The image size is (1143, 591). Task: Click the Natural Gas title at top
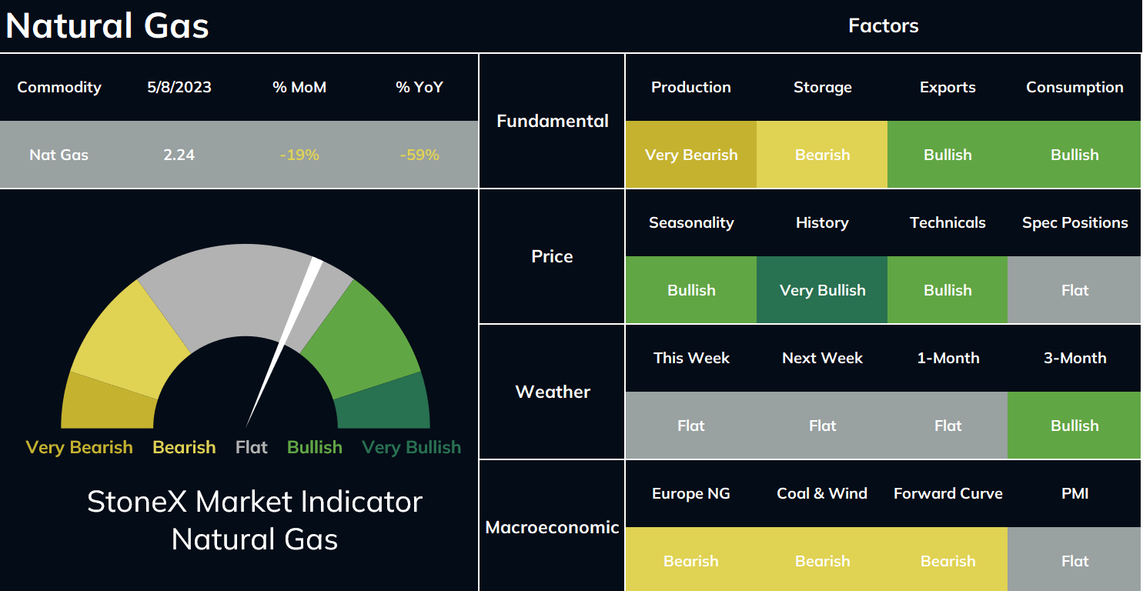pyautogui.click(x=107, y=25)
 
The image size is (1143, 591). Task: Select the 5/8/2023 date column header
pyautogui.click(x=179, y=87)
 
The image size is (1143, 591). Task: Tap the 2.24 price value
pyautogui.click(x=179, y=155)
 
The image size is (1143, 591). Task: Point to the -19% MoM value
pyautogui.click(x=299, y=155)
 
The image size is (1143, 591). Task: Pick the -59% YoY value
pyautogui.click(x=419, y=155)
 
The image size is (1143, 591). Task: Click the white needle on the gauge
pyautogui.click(x=284, y=342)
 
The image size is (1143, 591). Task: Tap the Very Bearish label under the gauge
pyautogui.click(x=79, y=448)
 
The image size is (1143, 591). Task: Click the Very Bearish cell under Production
pyautogui.click(x=691, y=154)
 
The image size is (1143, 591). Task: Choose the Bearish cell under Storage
pyautogui.click(x=822, y=154)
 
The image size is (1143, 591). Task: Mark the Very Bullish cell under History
pyautogui.click(x=822, y=289)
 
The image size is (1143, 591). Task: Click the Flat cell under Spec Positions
pyautogui.click(x=1074, y=289)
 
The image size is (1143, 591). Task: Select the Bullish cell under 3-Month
pyautogui.click(x=1074, y=425)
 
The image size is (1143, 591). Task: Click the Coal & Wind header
pyautogui.click(x=822, y=493)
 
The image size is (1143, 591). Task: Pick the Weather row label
pyautogui.click(x=553, y=392)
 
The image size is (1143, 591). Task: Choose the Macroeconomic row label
pyautogui.click(x=552, y=527)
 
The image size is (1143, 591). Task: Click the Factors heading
pyautogui.click(x=884, y=25)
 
